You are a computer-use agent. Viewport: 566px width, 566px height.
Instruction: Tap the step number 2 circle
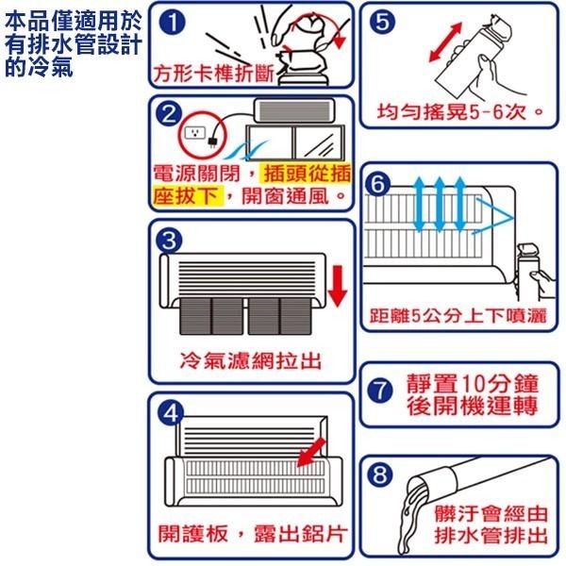(x=169, y=115)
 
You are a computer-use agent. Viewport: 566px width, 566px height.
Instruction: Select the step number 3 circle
(x=169, y=240)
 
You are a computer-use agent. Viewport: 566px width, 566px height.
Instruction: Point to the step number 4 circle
(x=169, y=411)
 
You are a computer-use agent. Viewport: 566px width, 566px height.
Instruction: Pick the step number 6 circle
(x=379, y=186)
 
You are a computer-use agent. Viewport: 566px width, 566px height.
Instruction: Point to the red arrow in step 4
(x=308, y=456)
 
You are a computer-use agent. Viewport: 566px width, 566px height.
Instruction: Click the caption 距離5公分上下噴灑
(x=458, y=315)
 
